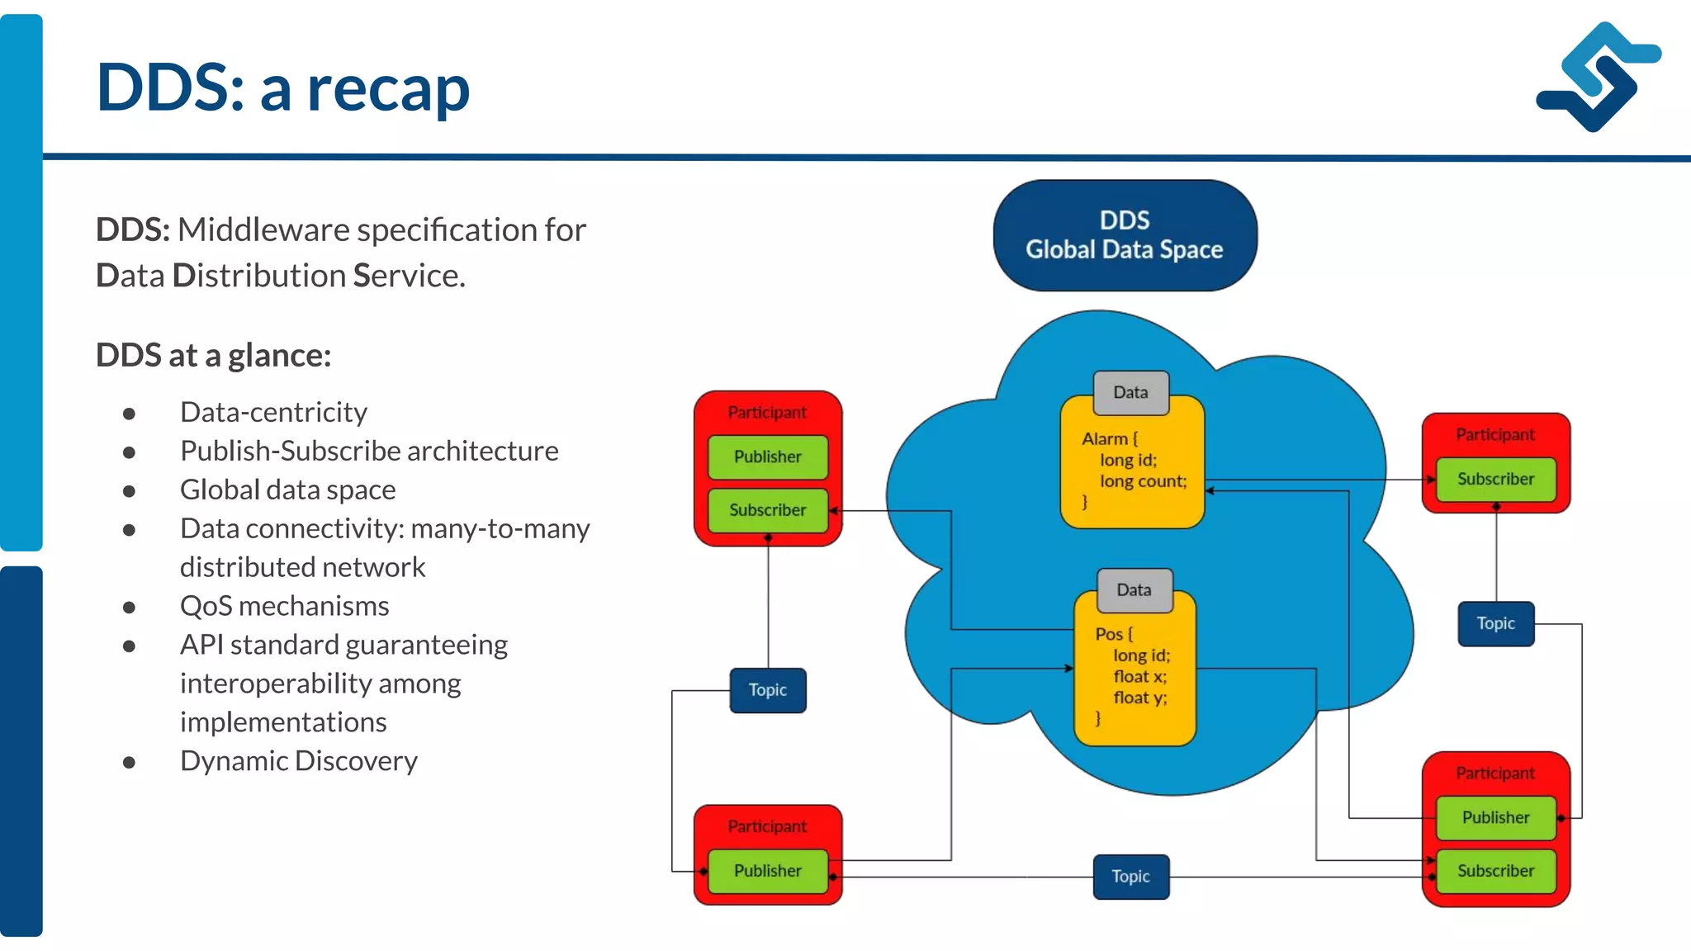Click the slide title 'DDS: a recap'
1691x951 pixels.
[282, 88]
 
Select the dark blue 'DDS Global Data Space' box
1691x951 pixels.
[1125, 235]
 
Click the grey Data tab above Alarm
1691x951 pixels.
[1130, 393]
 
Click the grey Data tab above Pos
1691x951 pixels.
[1134, 590]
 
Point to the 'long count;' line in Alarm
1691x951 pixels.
[1143, 481]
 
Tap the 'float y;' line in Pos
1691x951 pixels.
[1139, 698]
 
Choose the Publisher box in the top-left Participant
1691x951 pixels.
[767, 457]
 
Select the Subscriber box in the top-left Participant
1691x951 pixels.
[767, 510]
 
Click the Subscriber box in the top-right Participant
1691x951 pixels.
[1495, 480]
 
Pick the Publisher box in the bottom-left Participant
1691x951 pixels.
[767, 871]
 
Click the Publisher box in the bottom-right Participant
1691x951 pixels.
[1495, 817]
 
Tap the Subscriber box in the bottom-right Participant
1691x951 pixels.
[1495, 871]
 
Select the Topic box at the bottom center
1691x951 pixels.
[1130, 877]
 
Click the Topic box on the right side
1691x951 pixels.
[1495, 624]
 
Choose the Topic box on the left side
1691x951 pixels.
[767, 690]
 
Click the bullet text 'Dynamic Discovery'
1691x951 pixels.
[299, 761]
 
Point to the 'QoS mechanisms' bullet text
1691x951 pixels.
[285, 607]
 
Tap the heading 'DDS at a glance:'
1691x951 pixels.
[213, 356]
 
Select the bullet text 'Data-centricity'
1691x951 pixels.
[273, 412]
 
